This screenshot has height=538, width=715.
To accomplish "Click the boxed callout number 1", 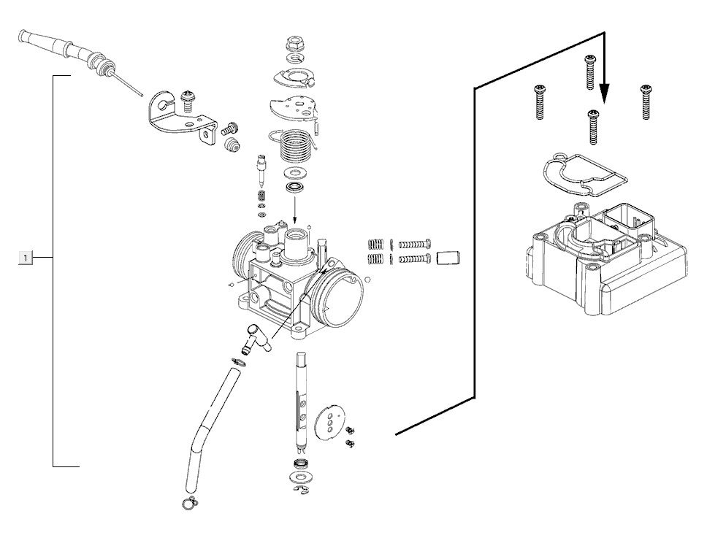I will (x=26, y=258).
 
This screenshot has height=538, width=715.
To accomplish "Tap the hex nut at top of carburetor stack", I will (x=296, y=45).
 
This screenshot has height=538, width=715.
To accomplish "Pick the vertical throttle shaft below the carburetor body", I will (x=302, y=406).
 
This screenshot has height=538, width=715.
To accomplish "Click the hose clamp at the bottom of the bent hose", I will (x=189, y=502).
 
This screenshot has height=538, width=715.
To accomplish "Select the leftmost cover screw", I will (x=539, y=101).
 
